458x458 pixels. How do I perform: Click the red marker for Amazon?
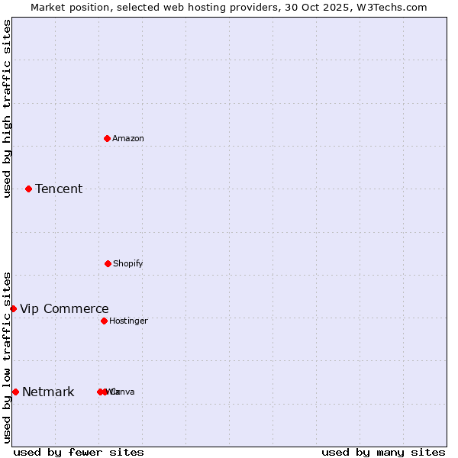pos(108,138)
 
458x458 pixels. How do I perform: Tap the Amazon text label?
pos(128,138)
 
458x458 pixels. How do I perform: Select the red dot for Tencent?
pos(28,189)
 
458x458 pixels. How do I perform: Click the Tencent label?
pos(59,189)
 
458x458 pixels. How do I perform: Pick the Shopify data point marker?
pos(108,263)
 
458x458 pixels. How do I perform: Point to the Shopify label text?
pos(128,263)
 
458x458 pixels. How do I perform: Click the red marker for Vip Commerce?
pos(13,308)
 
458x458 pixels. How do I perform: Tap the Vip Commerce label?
pos(64,308)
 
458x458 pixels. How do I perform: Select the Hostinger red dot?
pos(104,321)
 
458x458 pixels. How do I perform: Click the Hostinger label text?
pos(128,321)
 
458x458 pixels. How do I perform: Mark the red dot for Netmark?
pos(15,392)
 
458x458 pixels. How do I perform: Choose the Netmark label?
pos(48,392)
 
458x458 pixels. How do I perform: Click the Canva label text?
pos(124,392)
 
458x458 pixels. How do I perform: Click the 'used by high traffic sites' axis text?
pos(7,108)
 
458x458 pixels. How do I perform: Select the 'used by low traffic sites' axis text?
pos(7,356)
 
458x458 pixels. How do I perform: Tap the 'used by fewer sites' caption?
pos(79,452)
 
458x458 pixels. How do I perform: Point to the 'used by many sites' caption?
pos(383,452)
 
